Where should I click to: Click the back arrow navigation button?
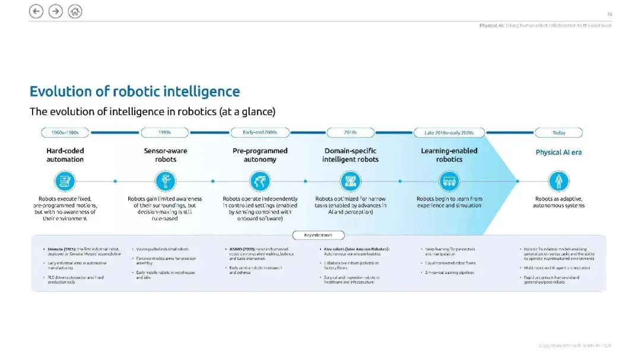[36, 11]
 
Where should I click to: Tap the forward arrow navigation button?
[55, 11]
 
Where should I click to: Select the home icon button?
[75, 11]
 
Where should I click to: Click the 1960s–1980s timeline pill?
[65, 133]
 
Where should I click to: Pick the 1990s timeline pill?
[166, 133]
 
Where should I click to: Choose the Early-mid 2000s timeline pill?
[260, 133]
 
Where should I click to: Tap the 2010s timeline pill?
[350, 133]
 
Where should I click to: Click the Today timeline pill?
[559, 133]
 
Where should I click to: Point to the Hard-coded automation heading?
[65, 155]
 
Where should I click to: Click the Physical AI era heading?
[559, 152]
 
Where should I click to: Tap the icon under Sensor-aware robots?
[166, 181]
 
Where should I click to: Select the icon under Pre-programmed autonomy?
[260, 181]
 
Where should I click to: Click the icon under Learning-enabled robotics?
[449, 181]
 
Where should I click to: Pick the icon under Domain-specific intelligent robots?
[350, 181]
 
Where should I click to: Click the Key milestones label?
[319, 235]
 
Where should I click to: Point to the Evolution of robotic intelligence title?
[135, 92]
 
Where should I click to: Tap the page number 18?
[609, 14]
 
